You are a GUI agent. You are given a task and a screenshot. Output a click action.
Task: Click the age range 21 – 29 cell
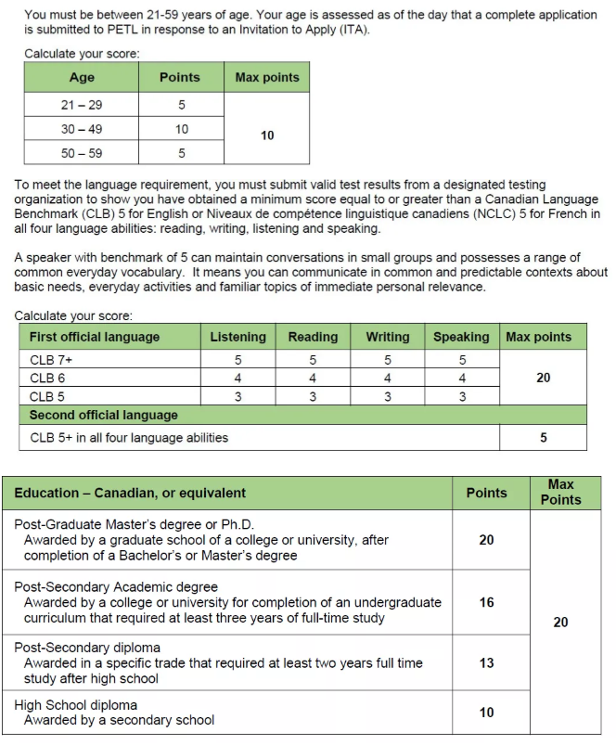(82, 105)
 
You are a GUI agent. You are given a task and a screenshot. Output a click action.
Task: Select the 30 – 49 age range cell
(82, 129)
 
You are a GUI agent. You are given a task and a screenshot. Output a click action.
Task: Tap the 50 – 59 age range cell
(82, 153)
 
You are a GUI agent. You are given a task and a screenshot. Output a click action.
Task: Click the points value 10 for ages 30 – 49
(181, 129)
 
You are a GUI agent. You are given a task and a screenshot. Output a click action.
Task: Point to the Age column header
(82, 78)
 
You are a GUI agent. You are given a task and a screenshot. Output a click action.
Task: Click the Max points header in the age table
(267, 78)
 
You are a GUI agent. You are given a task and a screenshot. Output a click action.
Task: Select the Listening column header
(238, 337)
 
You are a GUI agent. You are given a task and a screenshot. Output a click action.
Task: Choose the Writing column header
(387, 337)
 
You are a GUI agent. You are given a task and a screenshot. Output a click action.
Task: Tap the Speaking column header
(461, 337)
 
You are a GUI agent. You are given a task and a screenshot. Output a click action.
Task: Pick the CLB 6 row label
(47, 379)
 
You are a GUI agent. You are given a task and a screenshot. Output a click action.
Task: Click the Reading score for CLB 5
(313, 397)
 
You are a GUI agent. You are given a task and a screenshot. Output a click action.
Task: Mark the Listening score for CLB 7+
(238, 360)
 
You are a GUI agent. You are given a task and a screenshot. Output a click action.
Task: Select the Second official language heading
(103, 415)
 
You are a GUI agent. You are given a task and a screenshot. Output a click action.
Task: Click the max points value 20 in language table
(543, 379)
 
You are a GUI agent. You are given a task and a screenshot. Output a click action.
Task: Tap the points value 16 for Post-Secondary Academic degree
(486, 602)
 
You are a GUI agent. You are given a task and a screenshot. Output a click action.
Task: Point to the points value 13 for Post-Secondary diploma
(486, 662)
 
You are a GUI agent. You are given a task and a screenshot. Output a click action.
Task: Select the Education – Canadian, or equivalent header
(130, 493)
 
